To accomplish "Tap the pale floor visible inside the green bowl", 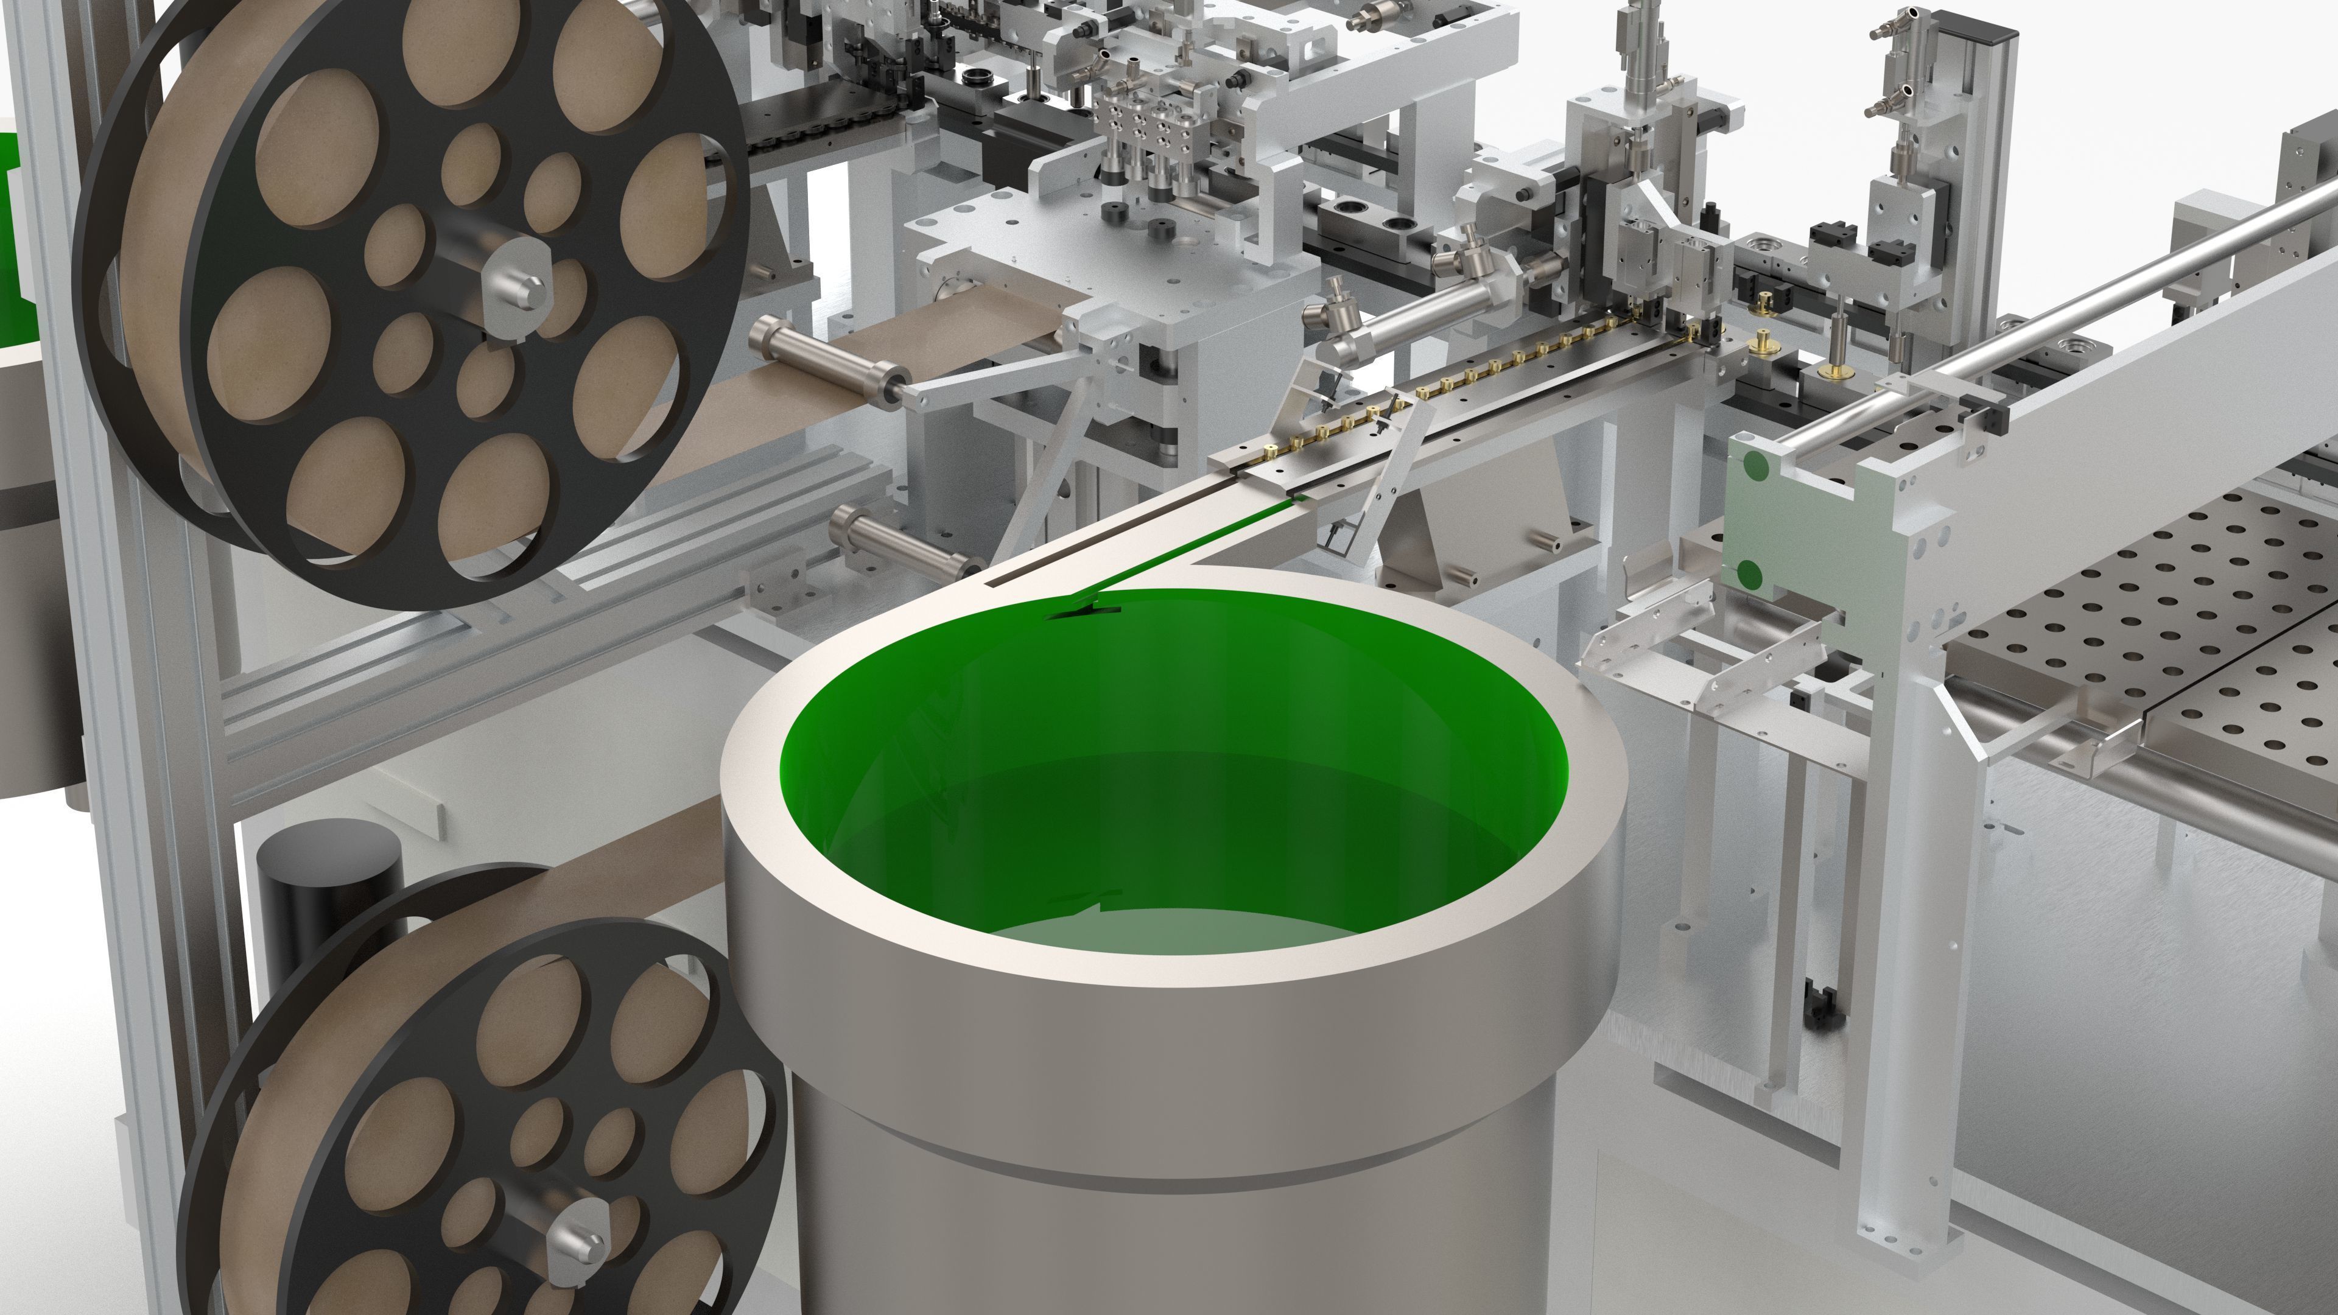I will (1180, 930).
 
